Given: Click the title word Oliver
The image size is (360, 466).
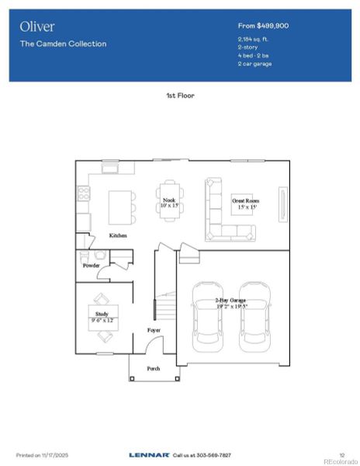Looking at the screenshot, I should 36,26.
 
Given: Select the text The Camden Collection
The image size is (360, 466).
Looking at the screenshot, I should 64,43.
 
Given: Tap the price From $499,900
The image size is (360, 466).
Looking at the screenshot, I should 263,26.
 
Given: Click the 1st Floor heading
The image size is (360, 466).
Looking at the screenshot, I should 180,95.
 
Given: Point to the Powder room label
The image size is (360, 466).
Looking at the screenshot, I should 92,266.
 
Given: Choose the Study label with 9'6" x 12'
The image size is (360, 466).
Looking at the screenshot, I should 102,317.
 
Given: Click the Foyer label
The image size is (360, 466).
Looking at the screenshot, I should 154,330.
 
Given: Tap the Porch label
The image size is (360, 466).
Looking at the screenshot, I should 154,368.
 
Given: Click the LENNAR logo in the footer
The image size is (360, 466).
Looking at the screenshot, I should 149,454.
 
